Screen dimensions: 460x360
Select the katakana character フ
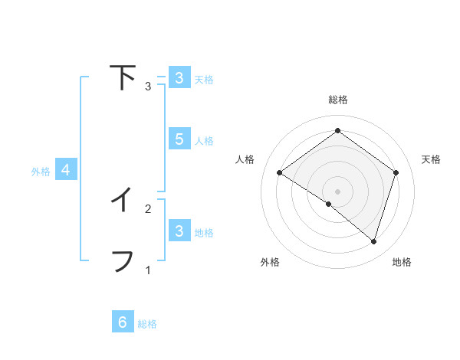click(123, 260)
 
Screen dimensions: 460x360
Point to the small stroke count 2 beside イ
click(148, 208)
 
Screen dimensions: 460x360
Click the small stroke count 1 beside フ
click(148, 270)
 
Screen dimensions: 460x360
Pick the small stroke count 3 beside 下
click(148, 86)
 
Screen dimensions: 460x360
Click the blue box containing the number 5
click(179, 139)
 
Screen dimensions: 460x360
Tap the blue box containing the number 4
click(66, 170)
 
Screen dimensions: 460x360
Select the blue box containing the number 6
click(123, 322)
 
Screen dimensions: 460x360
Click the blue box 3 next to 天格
click(179, 78)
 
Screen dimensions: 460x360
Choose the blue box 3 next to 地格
click(179, 231)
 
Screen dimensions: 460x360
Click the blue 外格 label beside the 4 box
click(41, 172)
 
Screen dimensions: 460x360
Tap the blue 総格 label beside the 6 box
click(147, 324)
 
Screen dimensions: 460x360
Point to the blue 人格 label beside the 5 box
click(204, 141)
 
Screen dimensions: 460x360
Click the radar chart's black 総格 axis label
click(338, 100)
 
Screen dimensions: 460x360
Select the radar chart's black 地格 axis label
click(402, 262)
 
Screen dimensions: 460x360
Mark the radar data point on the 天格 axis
click(396, 172)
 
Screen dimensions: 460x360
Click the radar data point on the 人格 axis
click(279, 172)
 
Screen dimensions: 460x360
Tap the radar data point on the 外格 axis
click(329, 204)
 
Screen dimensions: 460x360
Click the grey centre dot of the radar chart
click(338, 191)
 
